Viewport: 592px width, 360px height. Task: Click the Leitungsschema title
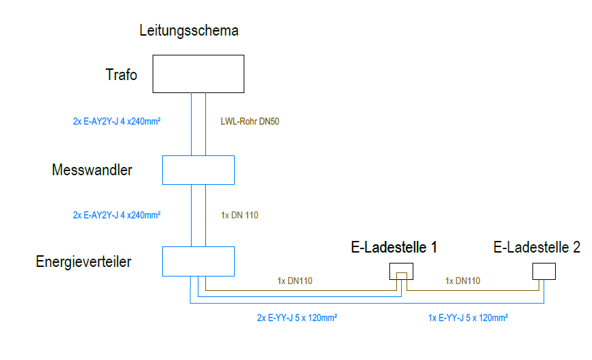click(x=188, y=31)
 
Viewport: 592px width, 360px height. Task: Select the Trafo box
click(x=198, y=74)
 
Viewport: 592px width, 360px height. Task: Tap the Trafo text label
click(x=121, y=75)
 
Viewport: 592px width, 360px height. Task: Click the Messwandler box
click(x=198, y=170)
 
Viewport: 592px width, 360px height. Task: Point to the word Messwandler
click(x=92, y=170)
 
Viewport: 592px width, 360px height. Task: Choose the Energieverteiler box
click(x=198, y=261)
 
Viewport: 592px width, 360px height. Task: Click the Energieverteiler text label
click(x=83, y=261)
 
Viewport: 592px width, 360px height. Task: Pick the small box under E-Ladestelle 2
click(x=543, y=272)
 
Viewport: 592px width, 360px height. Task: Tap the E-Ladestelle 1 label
click(x=394, y=248)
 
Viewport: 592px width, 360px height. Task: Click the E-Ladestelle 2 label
click(x=537, y=248)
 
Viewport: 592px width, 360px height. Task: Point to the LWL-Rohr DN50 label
click(x=250, y=122)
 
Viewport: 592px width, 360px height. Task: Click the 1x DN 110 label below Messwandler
click(x=240, y=215)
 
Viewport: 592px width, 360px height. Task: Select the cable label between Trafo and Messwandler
click(x=121, y=122)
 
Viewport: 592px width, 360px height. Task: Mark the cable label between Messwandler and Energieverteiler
click(x=116, y=215)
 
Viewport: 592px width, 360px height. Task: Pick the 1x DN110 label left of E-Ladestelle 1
click(x=295, y=281)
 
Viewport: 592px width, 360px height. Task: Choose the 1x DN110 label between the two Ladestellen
click(x=463, y=281)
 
